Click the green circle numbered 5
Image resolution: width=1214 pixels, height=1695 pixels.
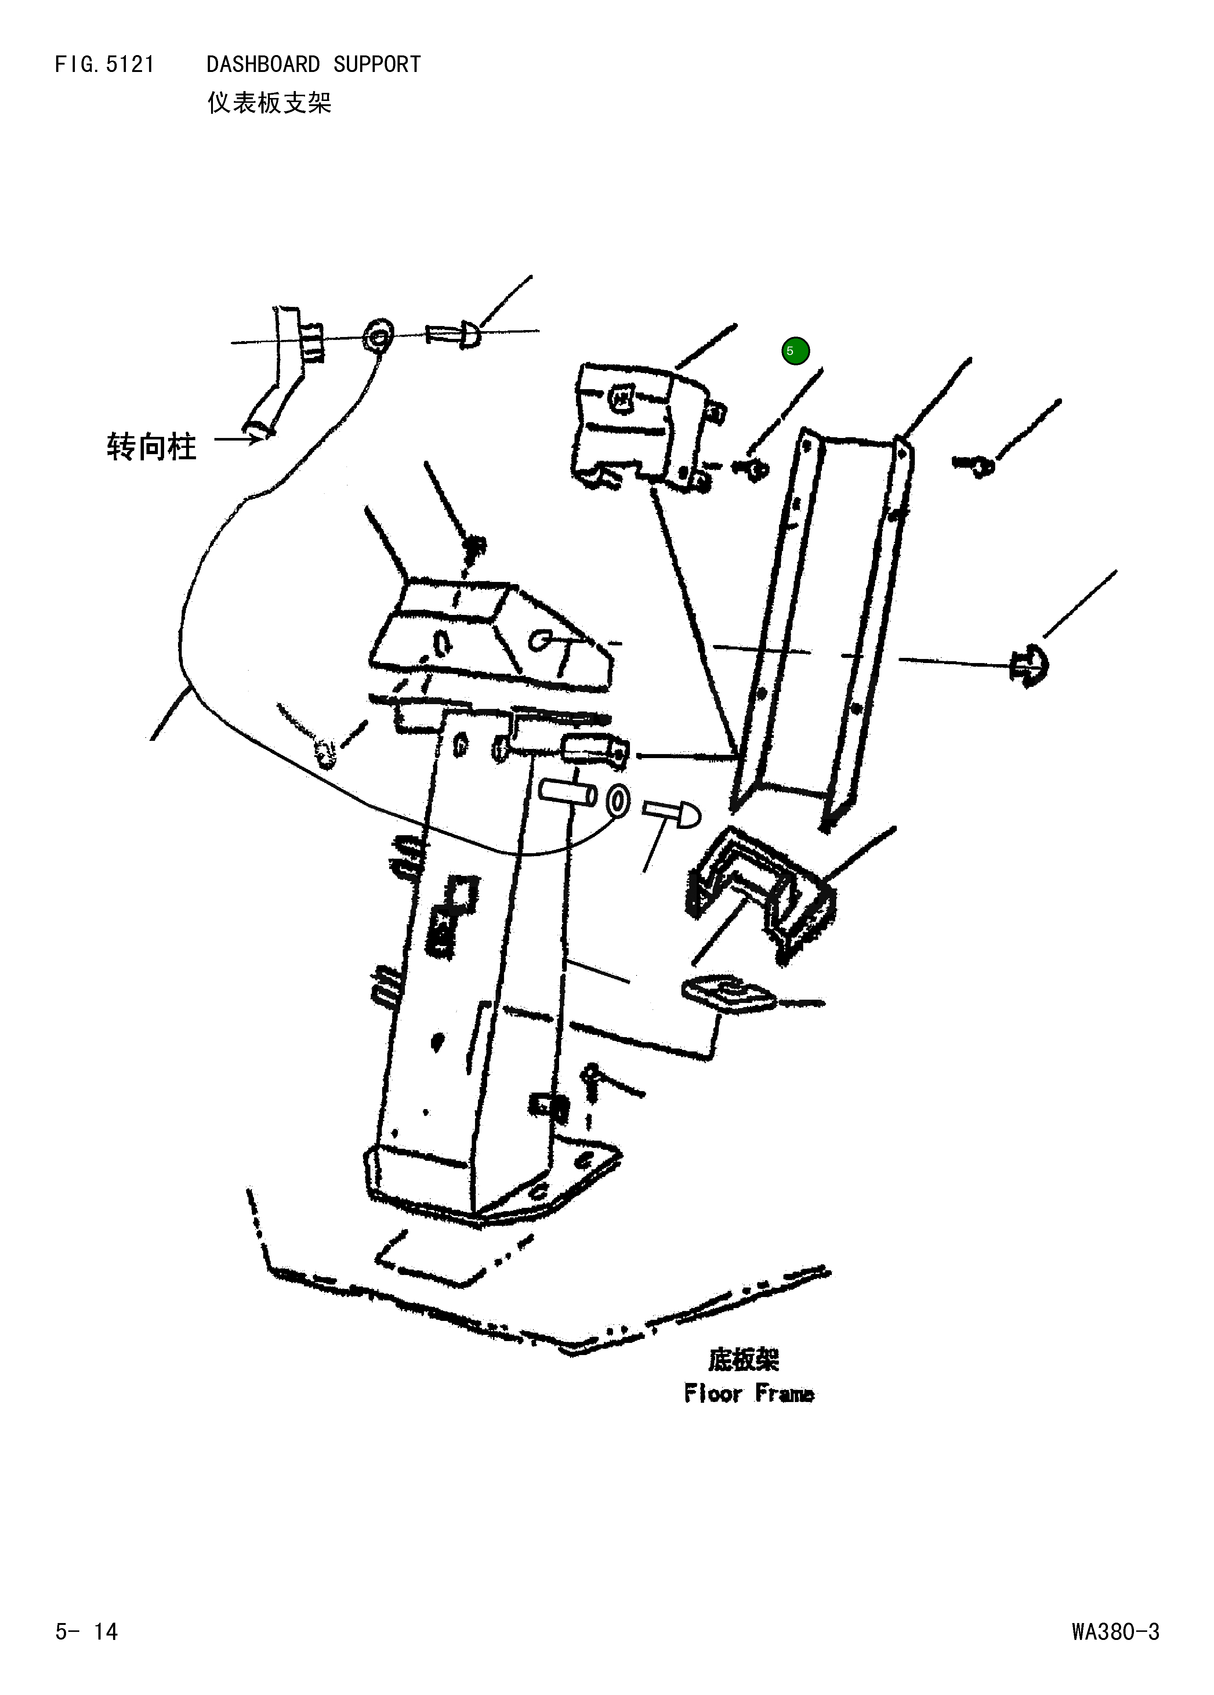click(795, 351)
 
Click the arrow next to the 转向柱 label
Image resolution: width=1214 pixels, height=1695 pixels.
click(238, 439)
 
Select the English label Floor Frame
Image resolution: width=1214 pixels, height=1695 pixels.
click(748, 1394)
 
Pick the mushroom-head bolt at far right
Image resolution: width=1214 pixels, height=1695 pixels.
click(1029, 664)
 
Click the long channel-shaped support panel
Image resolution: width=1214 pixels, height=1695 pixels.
click(822, 620)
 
